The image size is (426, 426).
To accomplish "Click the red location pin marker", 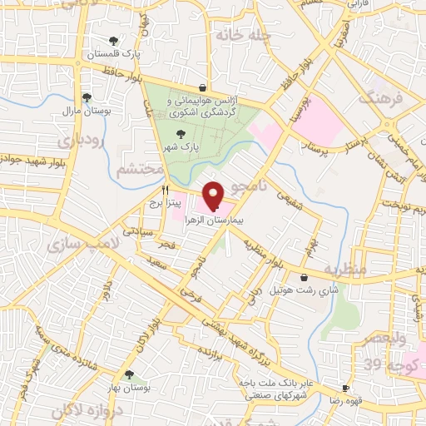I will pos(213,196).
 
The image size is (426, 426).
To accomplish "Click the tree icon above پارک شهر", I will pos(180,133).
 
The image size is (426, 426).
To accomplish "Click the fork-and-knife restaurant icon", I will pos(166,189).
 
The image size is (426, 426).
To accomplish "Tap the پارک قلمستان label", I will pos(113,54).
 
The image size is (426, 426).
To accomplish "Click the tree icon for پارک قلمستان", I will pos(113,40).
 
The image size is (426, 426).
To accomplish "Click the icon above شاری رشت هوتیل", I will pos(304,276).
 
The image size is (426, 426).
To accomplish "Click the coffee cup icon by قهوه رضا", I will pos(344,389).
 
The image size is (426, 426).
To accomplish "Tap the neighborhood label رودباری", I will pos(86,141).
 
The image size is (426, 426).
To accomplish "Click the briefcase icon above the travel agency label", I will pos(202,87).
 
